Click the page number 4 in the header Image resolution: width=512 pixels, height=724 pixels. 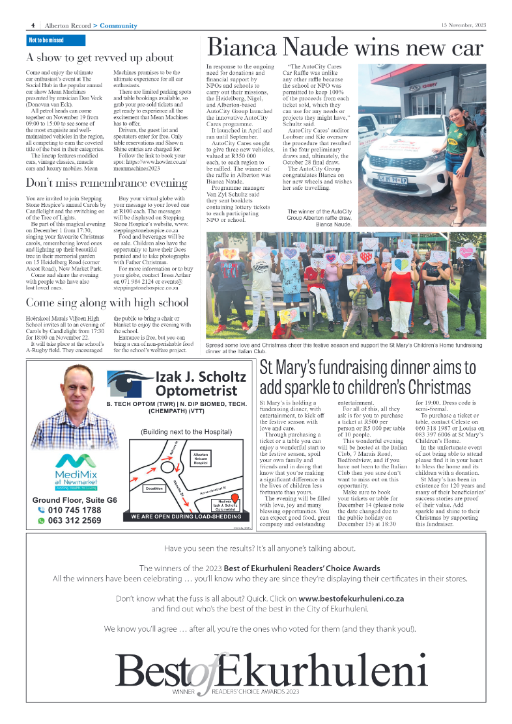click(x=33, y=25)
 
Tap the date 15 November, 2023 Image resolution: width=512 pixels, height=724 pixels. click(x=463, y=25)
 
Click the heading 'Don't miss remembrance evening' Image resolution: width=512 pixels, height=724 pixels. click(x=107, y=183)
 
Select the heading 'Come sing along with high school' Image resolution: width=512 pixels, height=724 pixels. click(x=107, y=302)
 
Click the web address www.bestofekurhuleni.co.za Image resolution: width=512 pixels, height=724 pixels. click(x=351, y=598)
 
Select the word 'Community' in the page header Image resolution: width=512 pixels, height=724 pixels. click(x=119, y=25)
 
